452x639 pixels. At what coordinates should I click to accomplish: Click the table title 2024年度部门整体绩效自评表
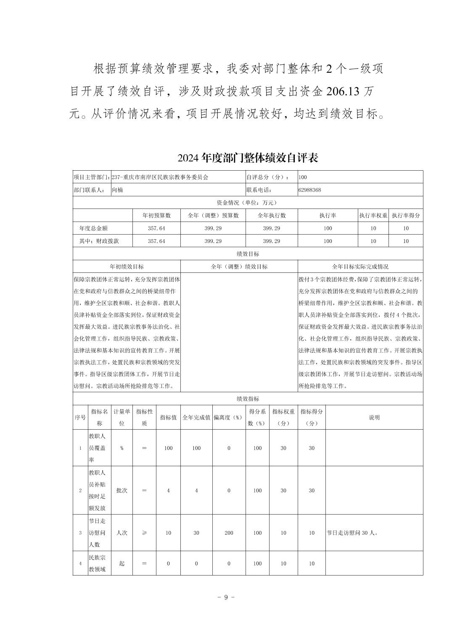pos(248,158)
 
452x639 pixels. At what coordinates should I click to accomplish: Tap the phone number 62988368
pos(309,190)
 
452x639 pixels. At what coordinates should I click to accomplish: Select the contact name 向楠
pos(117,190)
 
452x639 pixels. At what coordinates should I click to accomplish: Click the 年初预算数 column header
pos(156,216)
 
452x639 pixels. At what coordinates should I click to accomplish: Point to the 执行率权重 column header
pos(373,216)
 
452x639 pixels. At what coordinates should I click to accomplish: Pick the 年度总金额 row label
pos(93,228)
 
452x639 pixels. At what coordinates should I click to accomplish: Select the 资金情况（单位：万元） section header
pos(248,203)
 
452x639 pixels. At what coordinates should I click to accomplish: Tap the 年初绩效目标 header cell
pos(127,267)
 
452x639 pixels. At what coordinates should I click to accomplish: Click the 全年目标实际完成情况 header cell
pos(360,267)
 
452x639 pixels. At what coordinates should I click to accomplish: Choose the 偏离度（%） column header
pos(229,417)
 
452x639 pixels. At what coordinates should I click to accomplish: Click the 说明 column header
pos(374,417)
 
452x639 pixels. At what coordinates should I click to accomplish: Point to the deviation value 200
pos(229,533)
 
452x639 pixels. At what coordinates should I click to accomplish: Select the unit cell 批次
pos(122,490)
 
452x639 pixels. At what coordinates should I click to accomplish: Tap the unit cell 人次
pos(122,533)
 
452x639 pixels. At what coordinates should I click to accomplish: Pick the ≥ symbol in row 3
pos(144,533)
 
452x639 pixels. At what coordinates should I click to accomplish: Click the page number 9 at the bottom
pos(226,597)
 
